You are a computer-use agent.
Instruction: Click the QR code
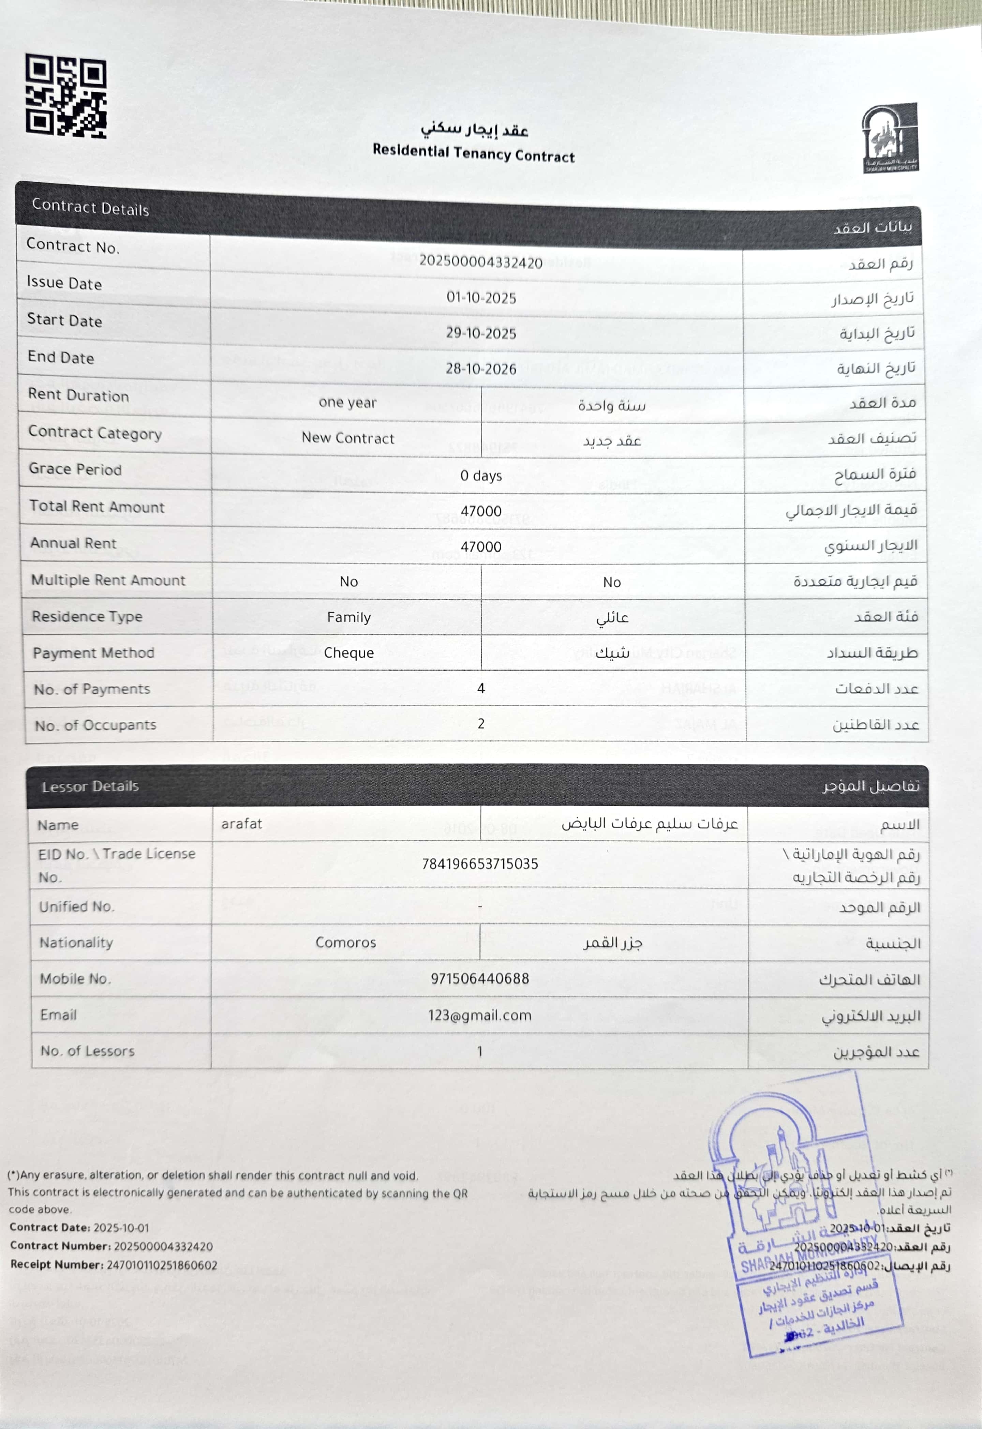(66, 95)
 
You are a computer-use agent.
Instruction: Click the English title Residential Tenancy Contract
(473, 153)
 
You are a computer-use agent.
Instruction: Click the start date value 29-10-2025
(481, 333)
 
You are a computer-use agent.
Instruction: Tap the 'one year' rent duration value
(348, 403)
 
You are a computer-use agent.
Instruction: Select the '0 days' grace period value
(481, 476)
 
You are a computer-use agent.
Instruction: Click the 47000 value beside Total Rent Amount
(481, 511)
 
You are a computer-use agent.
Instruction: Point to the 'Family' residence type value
(349, 618)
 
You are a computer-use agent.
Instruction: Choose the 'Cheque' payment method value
(349, 653)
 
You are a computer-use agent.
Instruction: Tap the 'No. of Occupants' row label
(95, 725)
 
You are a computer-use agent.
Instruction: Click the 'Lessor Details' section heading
(90, 786)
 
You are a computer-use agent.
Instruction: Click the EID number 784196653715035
(480, 864)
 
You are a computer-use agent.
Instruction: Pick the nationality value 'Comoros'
(346, 943)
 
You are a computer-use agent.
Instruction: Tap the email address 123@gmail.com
(480, 1015)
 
